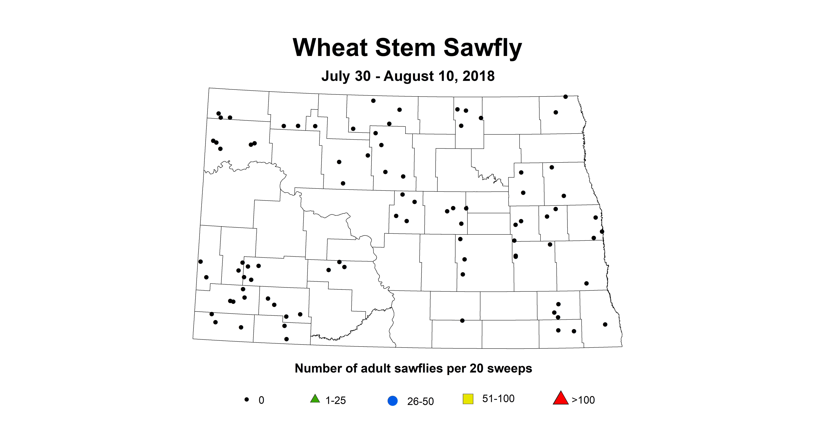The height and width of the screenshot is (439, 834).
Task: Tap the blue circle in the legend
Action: pyautogui.click(x=392, y=401)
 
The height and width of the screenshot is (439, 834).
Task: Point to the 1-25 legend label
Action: pyautogui.click(x=335, y=401)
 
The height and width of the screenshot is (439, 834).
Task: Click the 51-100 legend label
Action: pyautogui.click(x=498, y=399)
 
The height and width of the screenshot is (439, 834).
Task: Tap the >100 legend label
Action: pyautogui.click(x=583, y=400)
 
